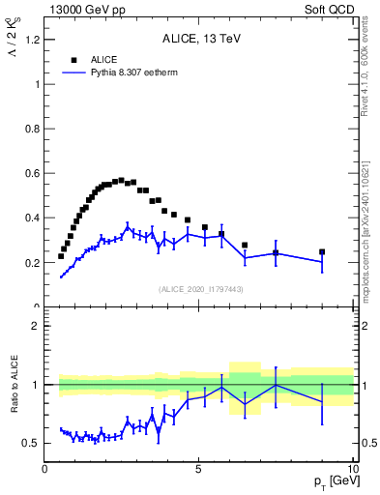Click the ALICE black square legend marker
point(73,59)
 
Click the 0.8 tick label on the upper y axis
point(31,129)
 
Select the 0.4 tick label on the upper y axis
point(31,218)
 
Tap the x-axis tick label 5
point(198,469)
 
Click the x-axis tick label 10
point(351,469)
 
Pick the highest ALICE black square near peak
point(121,180)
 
